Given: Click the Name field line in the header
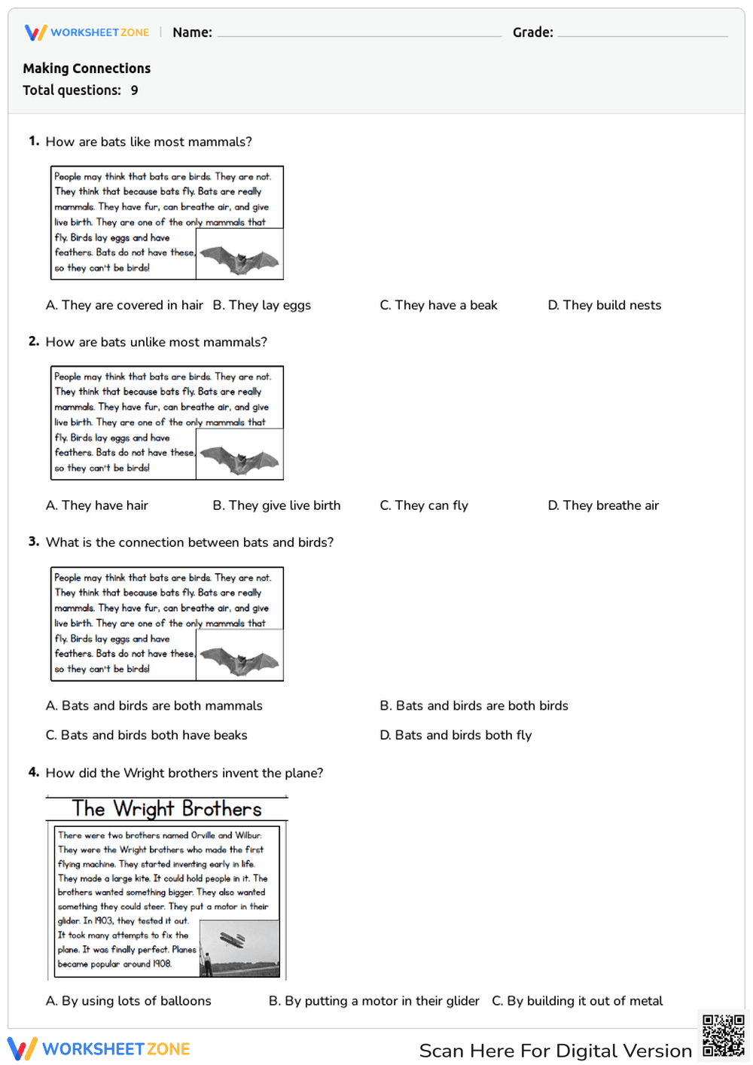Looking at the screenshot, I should pyautogui.click(x=358, y=35).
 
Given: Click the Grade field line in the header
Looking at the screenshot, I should pyautogui.click(x=642, y=35).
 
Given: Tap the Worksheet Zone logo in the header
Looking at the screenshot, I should pyautogui.click(x=87, y=32).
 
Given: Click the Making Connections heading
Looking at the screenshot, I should pyautogui.click(x=87, y=69).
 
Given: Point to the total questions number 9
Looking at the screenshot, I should pyautogui.click(x=134, y=90).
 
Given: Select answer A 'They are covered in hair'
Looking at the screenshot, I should pyautogui.click(x=124, y=305).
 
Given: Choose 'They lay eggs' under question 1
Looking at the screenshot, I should pyautogui.click(x=261, y=305).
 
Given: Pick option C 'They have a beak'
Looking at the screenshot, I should pyautogui.click(x=438, y=305).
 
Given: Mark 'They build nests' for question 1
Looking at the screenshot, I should pyautogui.click(x=605, y=305).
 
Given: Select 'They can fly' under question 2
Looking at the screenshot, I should pyautogui.click(x=424, y=505).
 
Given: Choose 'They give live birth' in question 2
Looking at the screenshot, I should pyautogui.click(x=276, y=505).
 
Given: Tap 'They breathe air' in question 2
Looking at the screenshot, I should pyautogui.click(x=603, y=505).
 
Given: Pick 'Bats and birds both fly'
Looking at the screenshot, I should pyautogui.click(x=456, y=735).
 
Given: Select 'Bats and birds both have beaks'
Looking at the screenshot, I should pyautogui.click(x=146, y=735).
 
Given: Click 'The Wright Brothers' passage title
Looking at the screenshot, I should pyautogui.click(x=166, y=809).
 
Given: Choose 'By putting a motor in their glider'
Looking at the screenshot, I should pyautogui.click(x=373, y=1001).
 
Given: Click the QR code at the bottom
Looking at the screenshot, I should pyautogui.click(x=723, y=1036).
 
